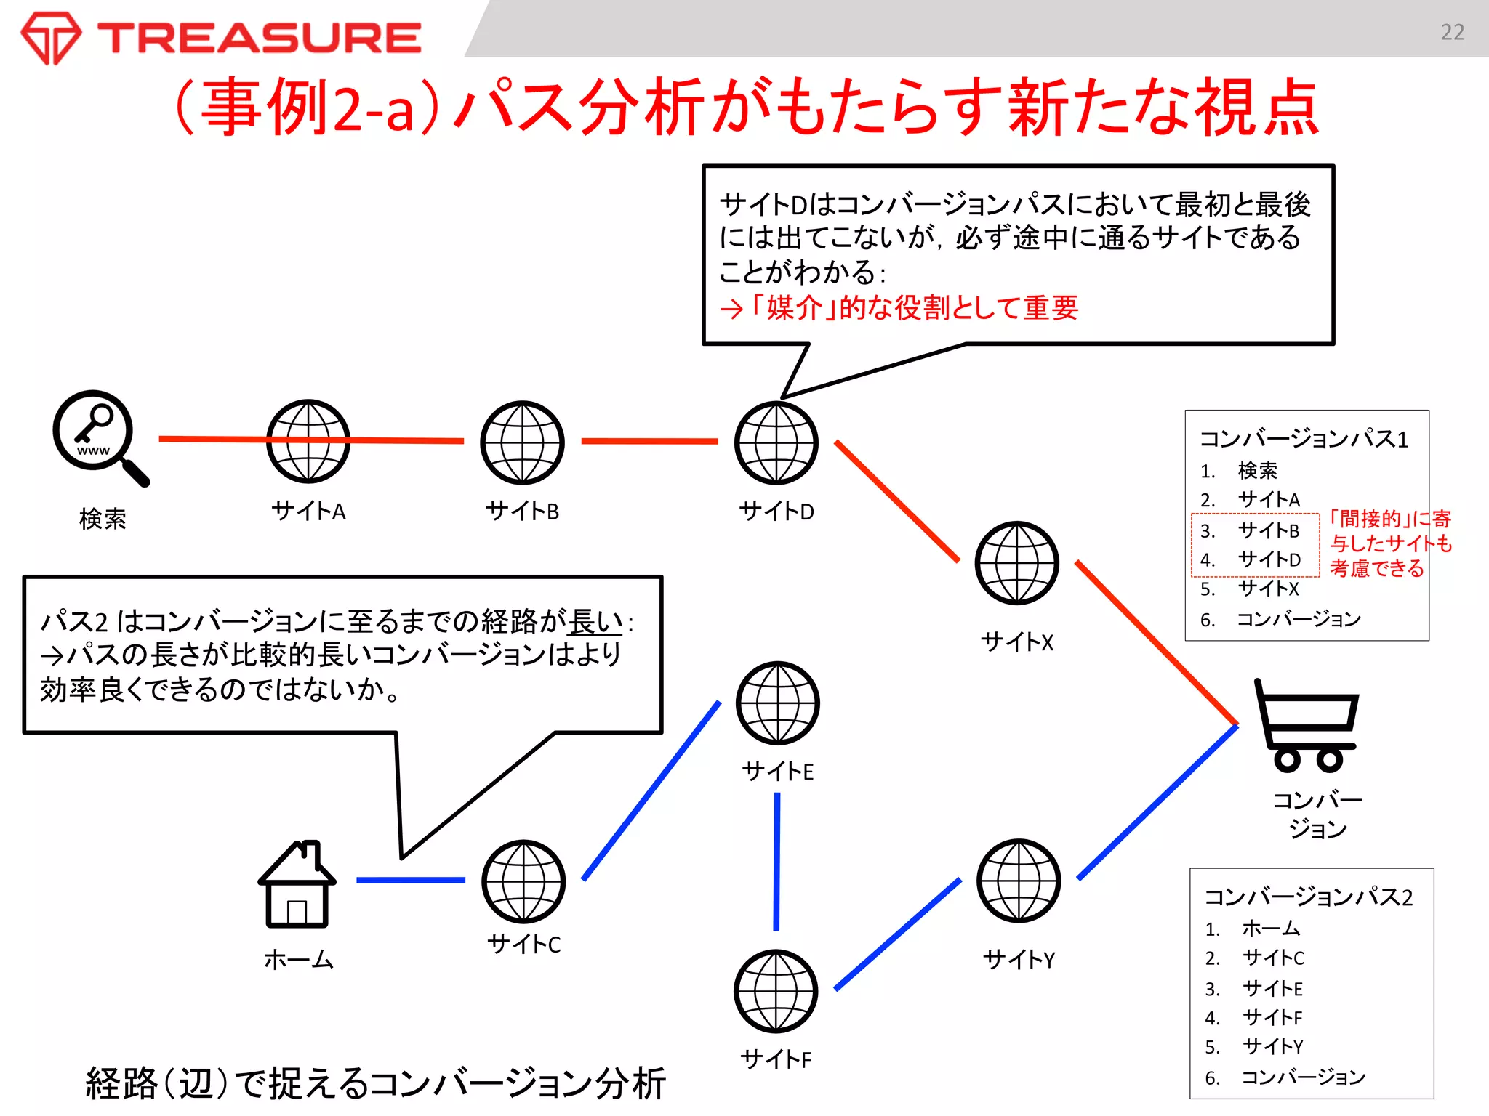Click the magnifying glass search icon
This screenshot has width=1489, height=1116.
98,436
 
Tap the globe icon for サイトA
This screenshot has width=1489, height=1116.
308,441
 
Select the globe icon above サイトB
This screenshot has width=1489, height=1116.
522,442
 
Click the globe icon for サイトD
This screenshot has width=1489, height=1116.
776,442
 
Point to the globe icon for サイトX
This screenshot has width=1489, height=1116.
1017,563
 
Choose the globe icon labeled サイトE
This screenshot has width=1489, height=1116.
777,703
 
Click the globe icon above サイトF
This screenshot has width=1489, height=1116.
776,991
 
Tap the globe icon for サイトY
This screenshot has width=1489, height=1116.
1019,881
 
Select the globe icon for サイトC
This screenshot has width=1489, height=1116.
523,881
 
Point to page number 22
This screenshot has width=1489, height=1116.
1452,32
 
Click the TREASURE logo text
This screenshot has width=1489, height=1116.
260,38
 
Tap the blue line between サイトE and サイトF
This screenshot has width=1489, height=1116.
776,861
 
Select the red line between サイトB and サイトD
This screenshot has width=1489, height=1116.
649,441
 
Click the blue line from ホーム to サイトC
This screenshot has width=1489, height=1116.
410,880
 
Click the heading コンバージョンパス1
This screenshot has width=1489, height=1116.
1303,439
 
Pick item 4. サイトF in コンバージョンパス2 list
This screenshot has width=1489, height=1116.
1272,1017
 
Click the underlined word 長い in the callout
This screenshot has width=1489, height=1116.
595,622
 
